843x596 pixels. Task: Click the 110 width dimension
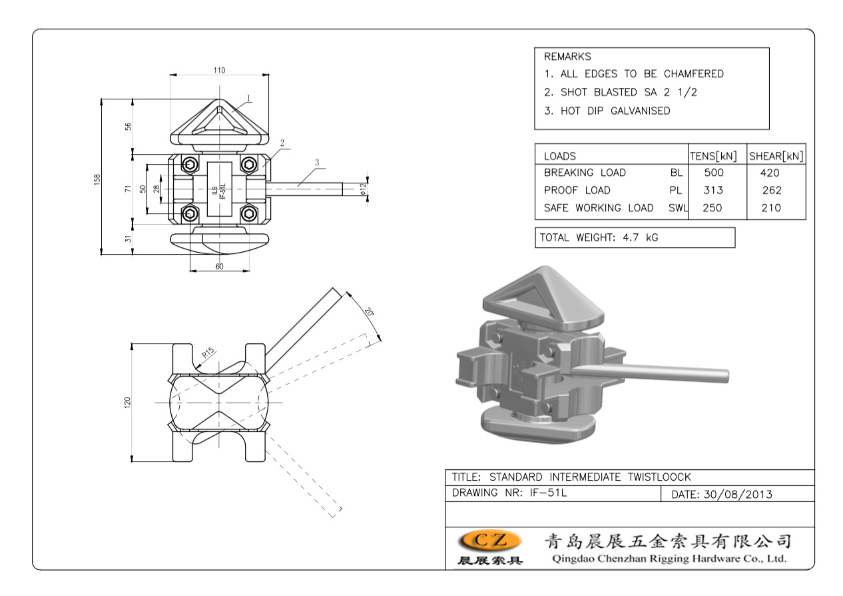220,70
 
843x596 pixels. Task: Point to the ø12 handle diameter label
363,189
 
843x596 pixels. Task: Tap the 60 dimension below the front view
220,266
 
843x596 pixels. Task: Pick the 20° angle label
370,311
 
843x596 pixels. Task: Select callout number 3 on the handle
317,162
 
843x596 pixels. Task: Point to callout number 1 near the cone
248,98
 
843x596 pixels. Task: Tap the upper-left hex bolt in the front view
190,165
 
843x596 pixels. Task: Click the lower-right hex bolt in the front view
249,213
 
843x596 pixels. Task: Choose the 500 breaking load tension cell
714,173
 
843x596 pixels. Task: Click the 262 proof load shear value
772,190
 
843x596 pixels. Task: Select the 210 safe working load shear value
772,208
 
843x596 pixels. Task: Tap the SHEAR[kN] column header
776,157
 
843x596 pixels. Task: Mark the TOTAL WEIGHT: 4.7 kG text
599,237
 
